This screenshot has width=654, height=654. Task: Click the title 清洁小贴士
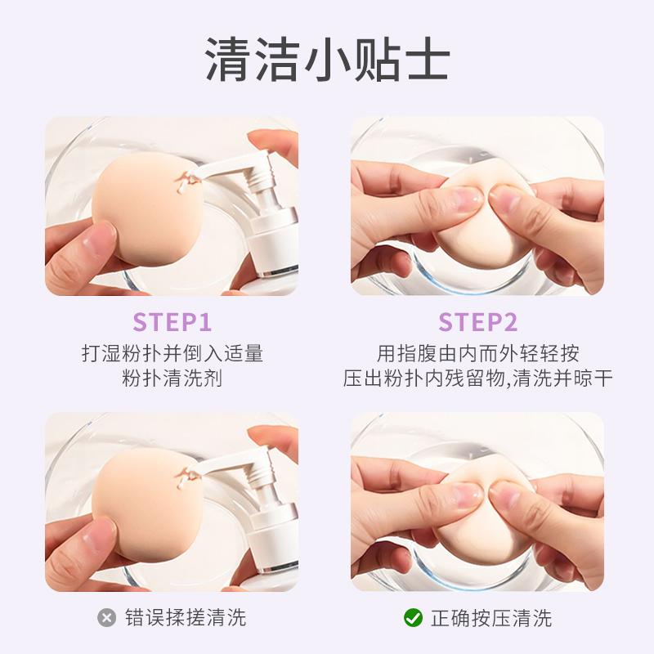pyautogui.click(x=328, y=59)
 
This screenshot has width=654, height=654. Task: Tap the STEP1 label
pyautogui.click(x=172, y=322)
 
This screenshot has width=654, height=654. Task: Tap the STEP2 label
pyautogui.click(x=478, y=322)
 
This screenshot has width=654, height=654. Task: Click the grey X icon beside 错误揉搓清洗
pyautogui.click(x=107, y=618)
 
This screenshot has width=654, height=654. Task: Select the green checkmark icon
pyautogui.click(x=414, y=618)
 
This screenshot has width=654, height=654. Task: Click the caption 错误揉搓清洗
pyautogui.click(x=186, y=618)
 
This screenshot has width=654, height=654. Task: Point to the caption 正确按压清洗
pyautogui.click(x=491, y=618)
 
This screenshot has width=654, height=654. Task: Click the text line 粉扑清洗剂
pyautogui.click(x=172, y=379)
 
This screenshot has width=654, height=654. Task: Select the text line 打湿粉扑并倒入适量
pyautogui.click(x=172, y=353)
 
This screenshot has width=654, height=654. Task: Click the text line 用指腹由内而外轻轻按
pyautogui.click(x=478, y=353)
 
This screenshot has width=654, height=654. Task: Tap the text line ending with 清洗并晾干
pyautogui.click(x=478, y=379)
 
